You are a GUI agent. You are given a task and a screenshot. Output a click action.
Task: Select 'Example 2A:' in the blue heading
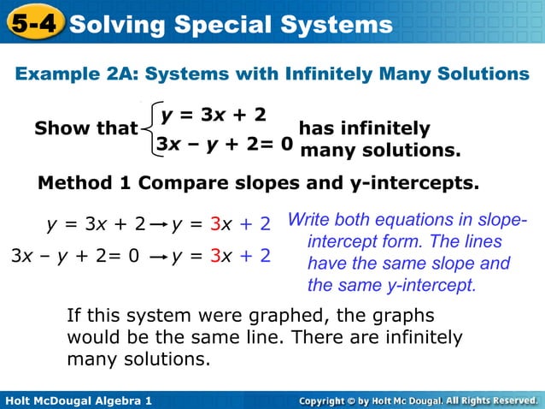71,74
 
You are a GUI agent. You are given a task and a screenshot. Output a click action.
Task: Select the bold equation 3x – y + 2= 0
225,145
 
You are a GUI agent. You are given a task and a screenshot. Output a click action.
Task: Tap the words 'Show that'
85,129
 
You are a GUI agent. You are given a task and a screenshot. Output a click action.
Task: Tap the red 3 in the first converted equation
214,225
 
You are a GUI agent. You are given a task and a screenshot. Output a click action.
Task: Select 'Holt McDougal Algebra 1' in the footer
78,400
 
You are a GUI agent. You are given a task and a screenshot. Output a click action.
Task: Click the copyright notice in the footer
418,400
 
